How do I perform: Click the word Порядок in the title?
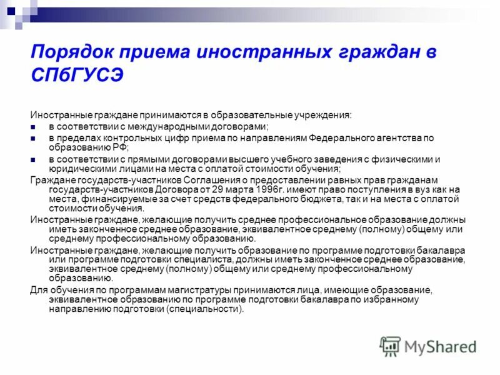click(x=65, y=52)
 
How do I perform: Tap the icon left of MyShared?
click(x=391, y=346)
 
